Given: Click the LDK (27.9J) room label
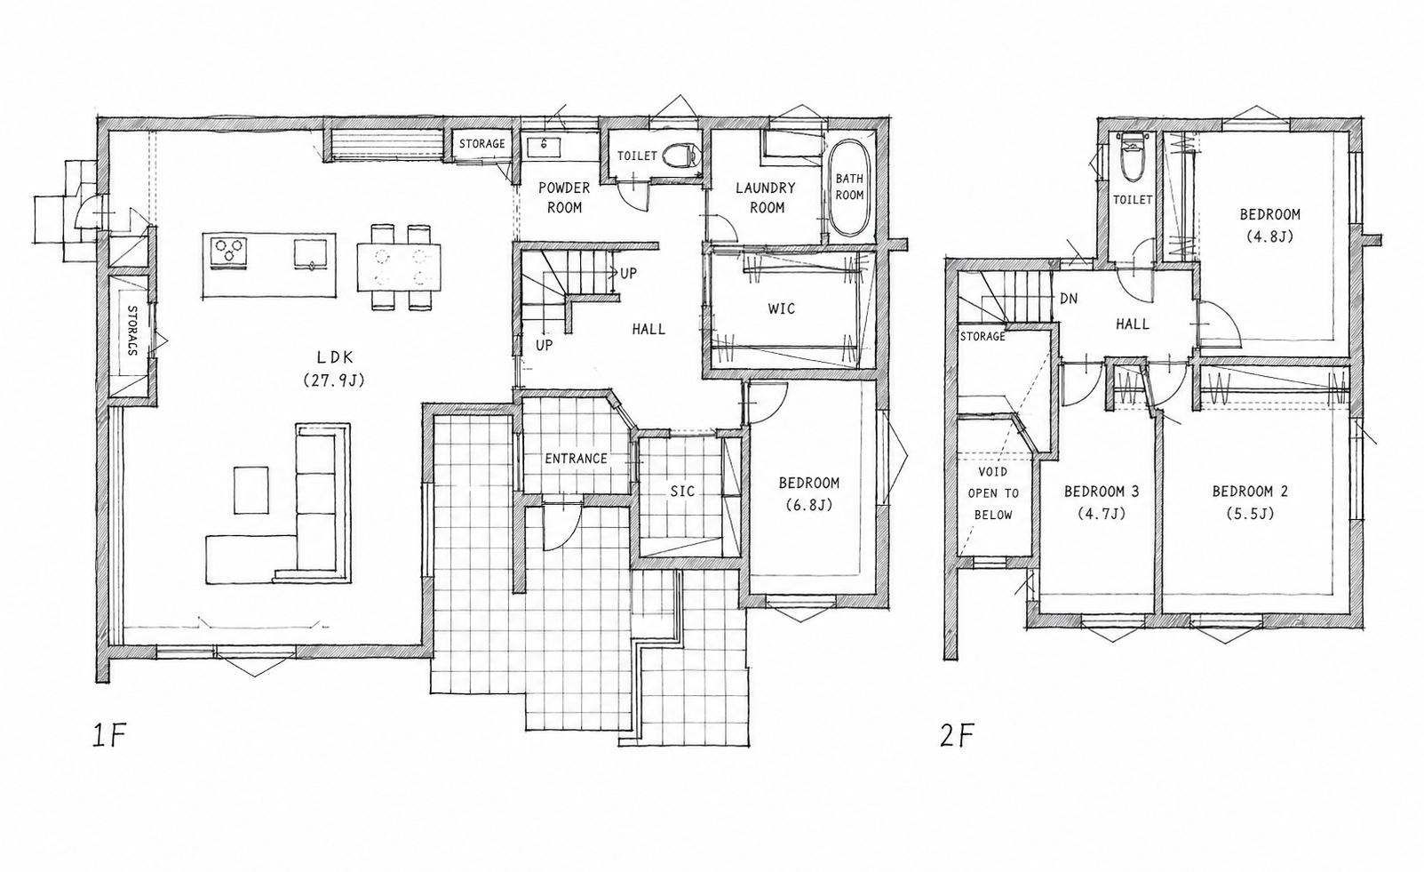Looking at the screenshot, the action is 334,368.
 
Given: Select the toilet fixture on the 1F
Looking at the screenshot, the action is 680,156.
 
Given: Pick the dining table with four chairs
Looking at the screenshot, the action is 399,268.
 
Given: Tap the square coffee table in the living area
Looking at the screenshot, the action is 251,490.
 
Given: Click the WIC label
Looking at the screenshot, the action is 782,309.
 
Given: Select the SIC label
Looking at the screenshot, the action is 682,491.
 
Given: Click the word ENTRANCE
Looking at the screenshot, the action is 576,459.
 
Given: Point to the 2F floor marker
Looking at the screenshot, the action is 958,735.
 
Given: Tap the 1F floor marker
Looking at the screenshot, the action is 111,735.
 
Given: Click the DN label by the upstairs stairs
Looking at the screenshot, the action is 1069,299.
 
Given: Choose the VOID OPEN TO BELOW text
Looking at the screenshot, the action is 993,493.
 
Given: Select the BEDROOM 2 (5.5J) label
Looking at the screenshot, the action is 1250,502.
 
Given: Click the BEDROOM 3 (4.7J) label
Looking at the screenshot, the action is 1102,502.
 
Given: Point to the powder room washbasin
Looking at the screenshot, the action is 544,147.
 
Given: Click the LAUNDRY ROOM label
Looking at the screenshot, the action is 766,198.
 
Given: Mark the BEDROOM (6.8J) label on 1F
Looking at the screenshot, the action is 809,494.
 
